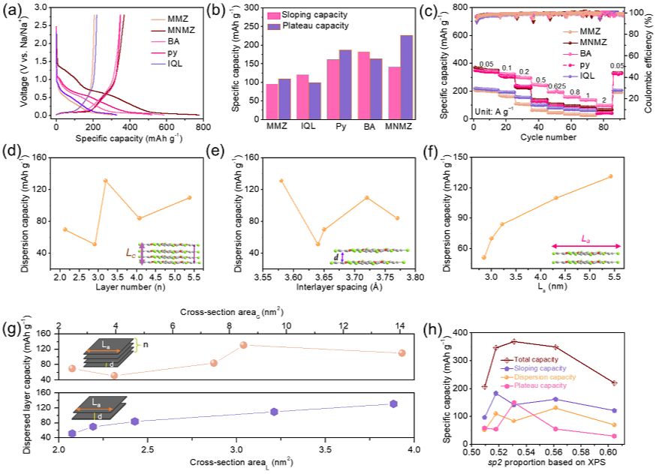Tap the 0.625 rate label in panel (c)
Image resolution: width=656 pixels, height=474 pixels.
click(x=556, y=86)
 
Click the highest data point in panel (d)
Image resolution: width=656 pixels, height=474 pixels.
click(x=105, y=181)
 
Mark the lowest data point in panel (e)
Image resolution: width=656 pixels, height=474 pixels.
click(x=317, y=244)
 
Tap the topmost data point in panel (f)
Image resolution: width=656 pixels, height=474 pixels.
click(x=610, y=176)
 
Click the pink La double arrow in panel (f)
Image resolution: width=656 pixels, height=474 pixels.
click(x=586, y=245)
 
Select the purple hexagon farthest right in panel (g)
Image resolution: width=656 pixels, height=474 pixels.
click(x=393, y=403)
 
